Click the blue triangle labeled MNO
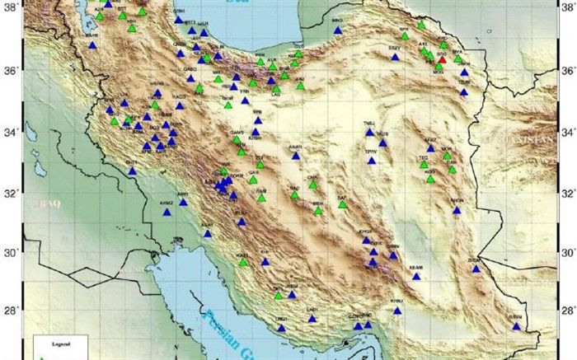pyautogui.click(x=337, y=30)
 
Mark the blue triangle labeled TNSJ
pyautogui.click(x=370, y=133)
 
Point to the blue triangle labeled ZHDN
pyautogui.click(x=476, y=269)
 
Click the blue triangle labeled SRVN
pyautogui.click(x=516, y=326)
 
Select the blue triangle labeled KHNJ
pyautogui.click(x=397, y=311)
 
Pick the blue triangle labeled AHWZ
pyautogui.click(x=167, y=212)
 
